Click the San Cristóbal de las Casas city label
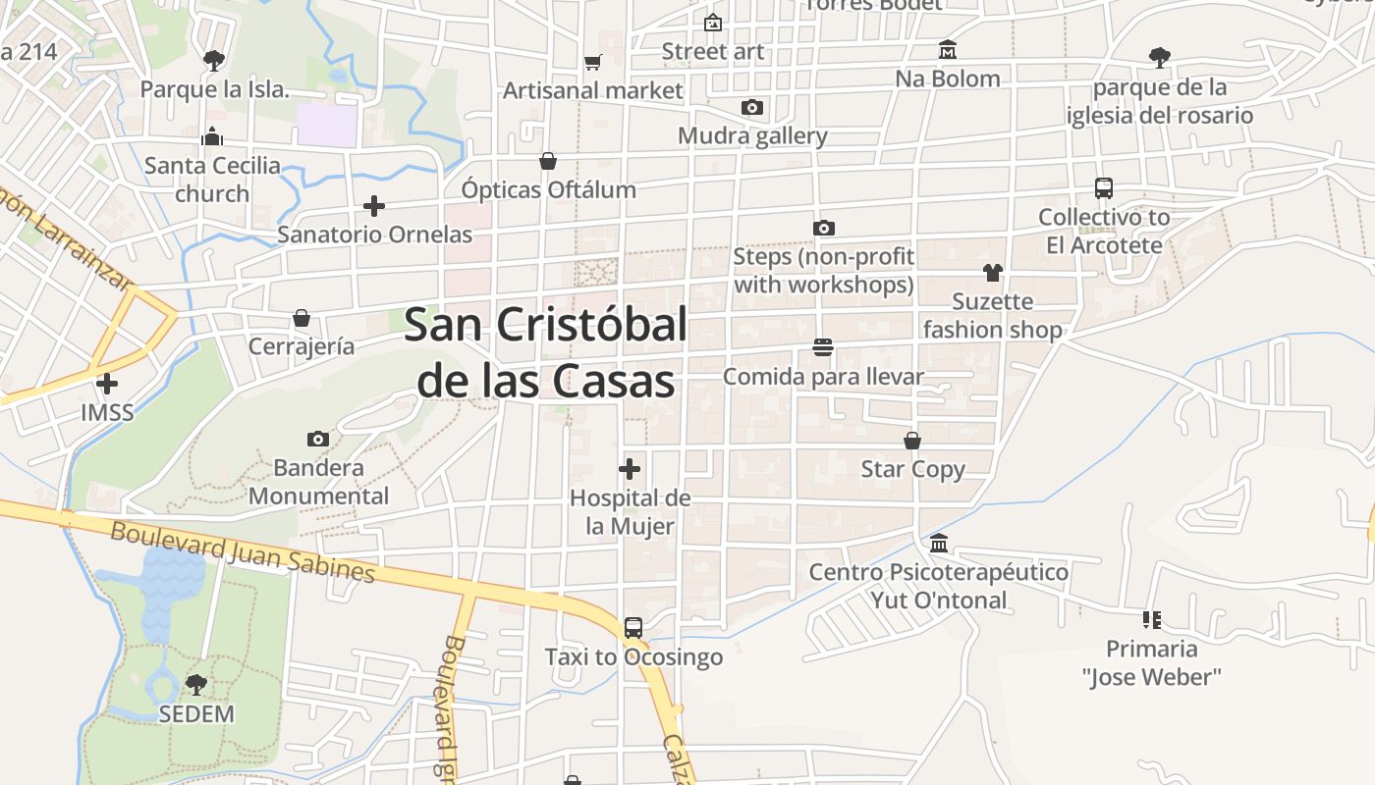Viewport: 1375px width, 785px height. tap(545, 351)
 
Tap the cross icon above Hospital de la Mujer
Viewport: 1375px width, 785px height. tap(630, 469)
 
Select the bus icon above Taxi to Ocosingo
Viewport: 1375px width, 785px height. tap(633, 627)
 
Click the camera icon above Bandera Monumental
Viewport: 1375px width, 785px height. tap(317, 439)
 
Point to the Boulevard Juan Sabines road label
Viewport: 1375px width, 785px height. tap(243, 551)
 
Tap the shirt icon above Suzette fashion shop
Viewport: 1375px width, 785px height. tap(993, 272)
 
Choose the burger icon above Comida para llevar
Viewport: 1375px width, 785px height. tap(823, 347)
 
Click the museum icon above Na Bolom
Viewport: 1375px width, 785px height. tap(948, 49)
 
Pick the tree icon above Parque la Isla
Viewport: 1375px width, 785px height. tap(214, 61)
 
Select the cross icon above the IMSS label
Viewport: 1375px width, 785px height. tap(107, 383)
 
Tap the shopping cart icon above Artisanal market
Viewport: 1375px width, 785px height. tap(592, 62)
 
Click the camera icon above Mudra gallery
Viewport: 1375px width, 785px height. tap(752, 107)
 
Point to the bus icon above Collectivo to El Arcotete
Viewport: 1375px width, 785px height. tap(1104, 187)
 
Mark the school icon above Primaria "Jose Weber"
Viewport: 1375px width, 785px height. tap(1152, 619)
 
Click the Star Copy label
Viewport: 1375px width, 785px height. tap(912, 469)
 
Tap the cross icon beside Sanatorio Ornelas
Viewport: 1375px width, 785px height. tap(374, 206)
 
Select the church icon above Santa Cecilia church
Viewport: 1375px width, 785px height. tap(212, 136)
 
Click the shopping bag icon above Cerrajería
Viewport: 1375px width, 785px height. tap(302, 318)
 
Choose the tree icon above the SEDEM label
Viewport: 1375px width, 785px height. tap(196, 684)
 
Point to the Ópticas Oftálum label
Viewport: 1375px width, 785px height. tap(549, 189)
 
